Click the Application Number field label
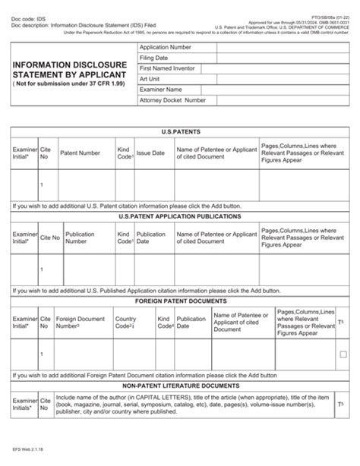tap(166, 47)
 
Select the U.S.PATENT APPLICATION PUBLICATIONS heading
tap(179, 216)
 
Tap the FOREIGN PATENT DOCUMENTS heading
tap(179, 301)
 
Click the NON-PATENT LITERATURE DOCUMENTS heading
tap(179, 386)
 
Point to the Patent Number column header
tap(80, 153)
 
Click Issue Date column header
tap(150, 153)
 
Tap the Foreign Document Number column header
tap(81, 324)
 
